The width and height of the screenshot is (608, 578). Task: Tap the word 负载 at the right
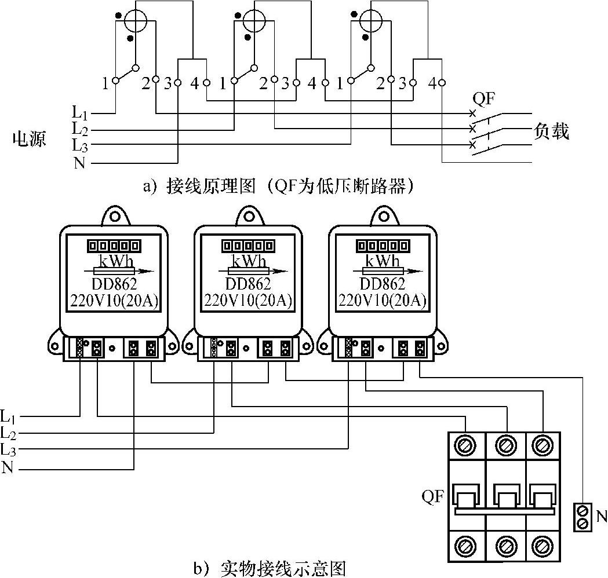[551, 132]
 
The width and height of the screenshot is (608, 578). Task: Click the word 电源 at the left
[30, 139]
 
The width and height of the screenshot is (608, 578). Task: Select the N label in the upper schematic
[80, 163]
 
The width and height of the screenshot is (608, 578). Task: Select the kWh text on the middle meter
[249, 261]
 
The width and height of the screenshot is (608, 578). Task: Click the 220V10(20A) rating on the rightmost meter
[383, 301]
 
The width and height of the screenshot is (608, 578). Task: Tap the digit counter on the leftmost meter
[114, 246]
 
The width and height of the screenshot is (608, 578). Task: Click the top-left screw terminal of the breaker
[467, 445]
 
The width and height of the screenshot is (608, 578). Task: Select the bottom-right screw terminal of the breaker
[541, 546]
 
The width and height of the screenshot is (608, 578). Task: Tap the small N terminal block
[583, 517]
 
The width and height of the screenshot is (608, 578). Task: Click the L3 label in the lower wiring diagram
[9, 449]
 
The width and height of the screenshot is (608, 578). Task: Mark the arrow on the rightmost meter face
[383, 271]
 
